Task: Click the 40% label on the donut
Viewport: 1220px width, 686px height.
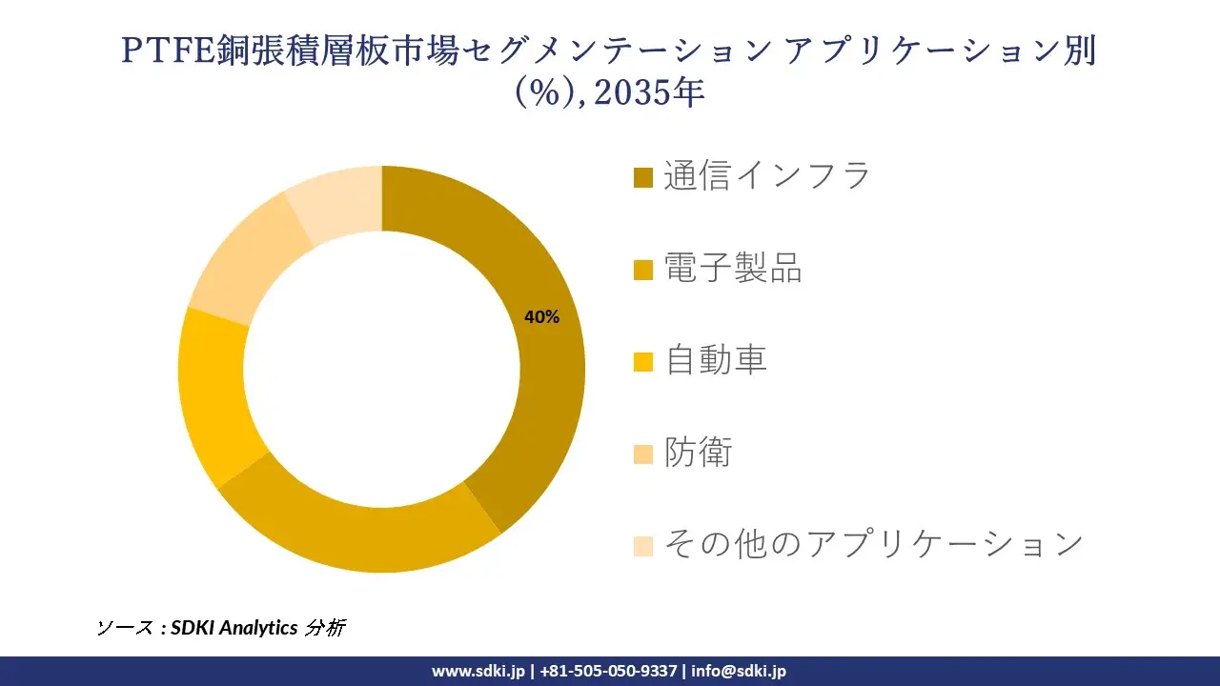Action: [x=541, y=318]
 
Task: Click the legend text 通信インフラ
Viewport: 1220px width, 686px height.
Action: [x=767, y=176]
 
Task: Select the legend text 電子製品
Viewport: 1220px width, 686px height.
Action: [x=733, y=269]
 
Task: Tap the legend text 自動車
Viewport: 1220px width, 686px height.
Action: [x=716, y=361]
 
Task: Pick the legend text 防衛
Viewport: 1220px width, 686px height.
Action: [x=699, y=454]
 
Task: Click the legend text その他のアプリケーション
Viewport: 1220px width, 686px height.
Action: [x=874, y=545]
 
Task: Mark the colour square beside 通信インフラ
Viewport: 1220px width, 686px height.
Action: [x=643, y=178]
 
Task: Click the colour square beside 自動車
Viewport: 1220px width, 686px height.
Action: [x=643, y=362]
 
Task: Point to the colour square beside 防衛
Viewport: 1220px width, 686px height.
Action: [x=643, y=454]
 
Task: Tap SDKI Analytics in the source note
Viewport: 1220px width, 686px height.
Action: [x=234, y=628]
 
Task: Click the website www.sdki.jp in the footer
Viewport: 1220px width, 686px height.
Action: [x=478, y=671]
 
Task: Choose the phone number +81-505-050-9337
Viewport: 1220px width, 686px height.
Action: [x=608, y=671]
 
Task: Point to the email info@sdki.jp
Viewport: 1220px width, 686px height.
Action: [x=739, y=671]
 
